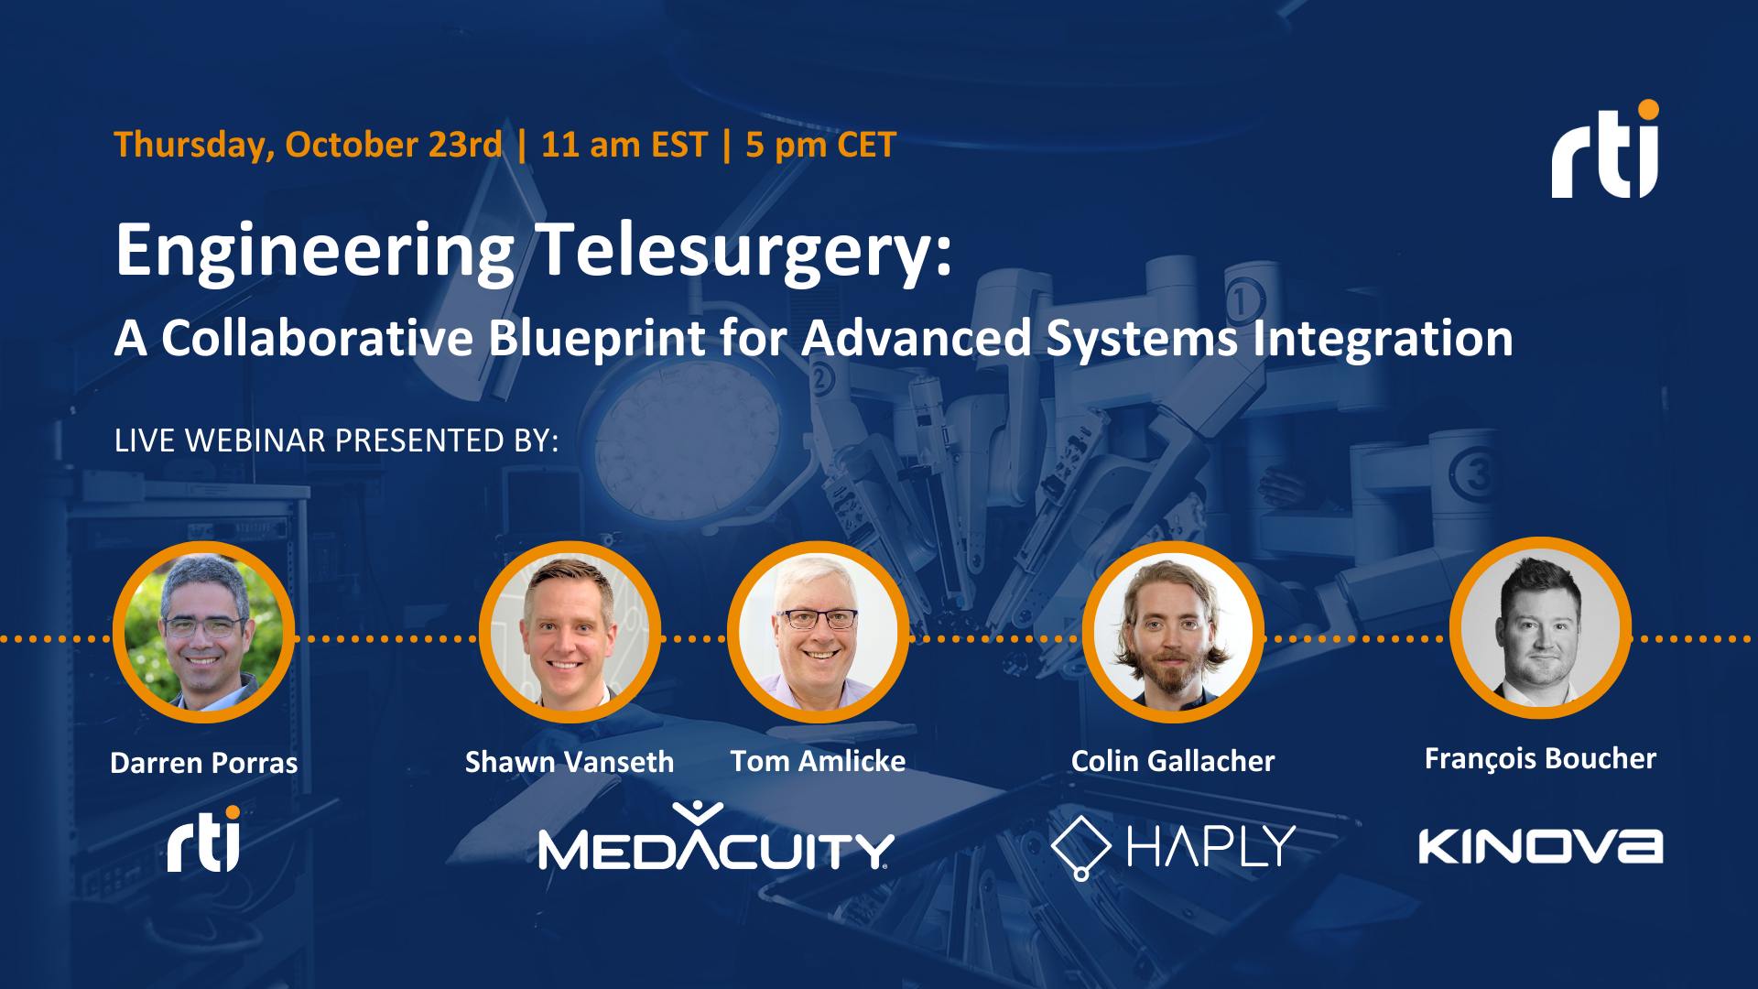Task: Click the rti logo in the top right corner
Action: click(1605, 151)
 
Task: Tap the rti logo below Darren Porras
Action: click(203, 840)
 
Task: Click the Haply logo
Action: click(1174, 846)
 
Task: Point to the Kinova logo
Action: click(1541, 846)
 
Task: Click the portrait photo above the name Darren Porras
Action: click(203, 632)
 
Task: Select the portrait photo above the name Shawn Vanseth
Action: click(570, 632)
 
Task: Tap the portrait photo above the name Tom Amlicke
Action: click(818, 632)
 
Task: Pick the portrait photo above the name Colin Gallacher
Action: click(1173, 632)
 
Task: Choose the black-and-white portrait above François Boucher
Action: click(1541, 628)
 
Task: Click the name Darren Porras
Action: click(203, 763)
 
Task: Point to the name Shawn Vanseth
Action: click(570, 762)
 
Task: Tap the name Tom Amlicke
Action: click(818, 761)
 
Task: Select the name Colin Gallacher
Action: click(1173, 761)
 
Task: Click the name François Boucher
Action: click(1541, 758)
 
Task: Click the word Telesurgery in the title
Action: click(743, 251)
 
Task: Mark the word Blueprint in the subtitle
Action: click(597, 338)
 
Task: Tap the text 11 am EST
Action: click(624, 145)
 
